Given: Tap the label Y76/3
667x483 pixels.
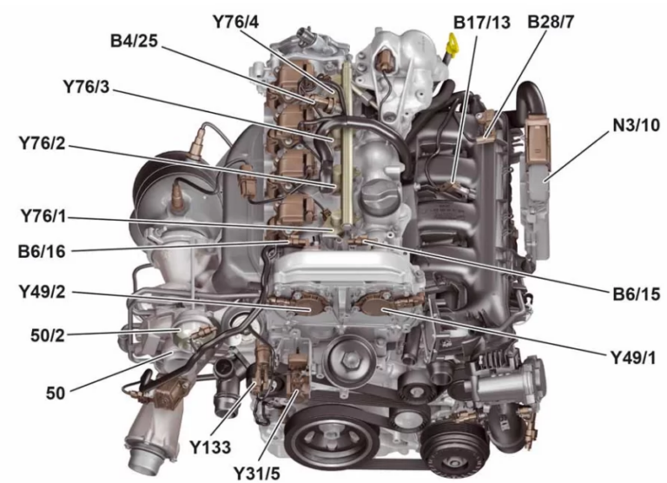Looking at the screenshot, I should [91, 87].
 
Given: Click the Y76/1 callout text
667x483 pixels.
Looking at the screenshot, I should [46, 215].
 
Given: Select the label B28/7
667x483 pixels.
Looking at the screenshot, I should [553, 20].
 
